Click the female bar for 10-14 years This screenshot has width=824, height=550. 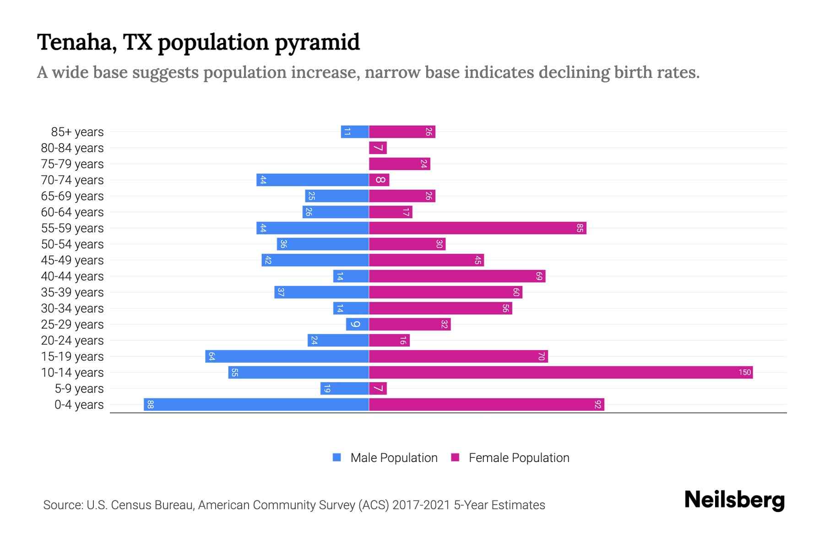click(x=561, y=373)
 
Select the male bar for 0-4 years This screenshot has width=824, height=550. click(x=256, y=405)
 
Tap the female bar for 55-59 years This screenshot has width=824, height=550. click(x=477, y=228)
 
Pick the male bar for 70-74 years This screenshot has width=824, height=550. click(x=313, y=180)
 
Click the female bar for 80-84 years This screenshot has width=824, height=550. click(x=378, y=148)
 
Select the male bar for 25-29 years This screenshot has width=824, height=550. click(x=358, y=324)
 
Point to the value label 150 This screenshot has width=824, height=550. click(x=744, y=373)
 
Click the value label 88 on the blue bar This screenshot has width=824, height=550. click(x=150, y=405)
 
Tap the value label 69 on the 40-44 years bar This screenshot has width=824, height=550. click(x=539, y=276)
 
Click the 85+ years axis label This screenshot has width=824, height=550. click(x=77, y=132)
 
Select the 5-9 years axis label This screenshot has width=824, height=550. click(x=79, y=389)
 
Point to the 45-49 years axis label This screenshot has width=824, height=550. click(x=72, y=260)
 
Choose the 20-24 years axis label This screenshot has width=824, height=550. click(x=72, y=341)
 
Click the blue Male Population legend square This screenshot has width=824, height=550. click(x=337, y=457)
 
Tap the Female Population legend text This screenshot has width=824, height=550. click(x=519, y=458)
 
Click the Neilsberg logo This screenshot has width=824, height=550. click(x=734, y=500)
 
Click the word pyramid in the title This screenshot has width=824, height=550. click(x=317, y=43)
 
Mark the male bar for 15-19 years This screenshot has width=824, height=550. click(x=287, y=357)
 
